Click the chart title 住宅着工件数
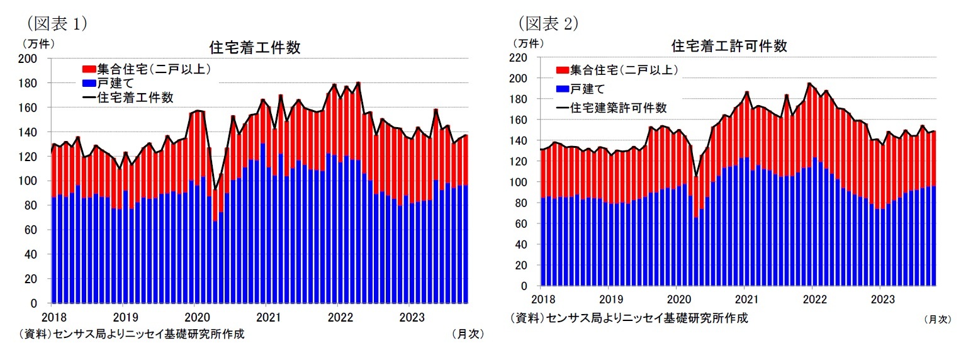pyautogui.click(x=254, y=48)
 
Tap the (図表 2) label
pyautogui.click(x=547, y=23)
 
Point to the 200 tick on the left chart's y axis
pyautogui.click(x=32, y=59)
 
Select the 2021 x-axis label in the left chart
pyautogui.click(x=268, y=316)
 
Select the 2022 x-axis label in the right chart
pyautogui.click(x=812, y=299)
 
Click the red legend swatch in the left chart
pyautogui.click(x=89, y=69)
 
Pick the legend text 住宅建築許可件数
pyautogui.click(x=618, y=108)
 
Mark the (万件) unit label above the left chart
pyautogui.click(x=39, y=43)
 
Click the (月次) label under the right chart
pyautogui.click(x=937, y=319)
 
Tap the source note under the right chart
pyautogui.click(x=629, y=318)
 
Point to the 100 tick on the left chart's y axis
pyautogui.click(x=32, y=181)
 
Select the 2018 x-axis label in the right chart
pyautogui.click(x=541, y=299)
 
